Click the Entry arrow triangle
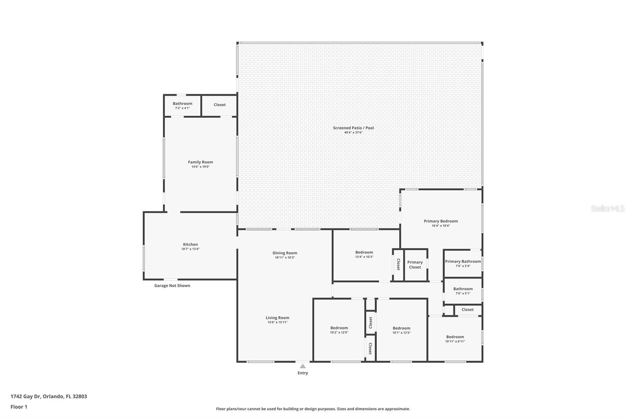pyautogui.click(x=302, y=367)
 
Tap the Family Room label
pyautogui.click(x=200, y=162)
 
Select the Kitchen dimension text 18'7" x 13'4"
pyautogui.click(x=190, y=249)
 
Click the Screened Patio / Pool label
pyautogui.click(x=353, y=128)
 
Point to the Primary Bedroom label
pyautogui.click(x=441, y=221)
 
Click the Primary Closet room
pyautogui.click(x=415, y=265)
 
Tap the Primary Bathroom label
pyautogui.click(x=463, y=261)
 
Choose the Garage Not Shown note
pyautogui.click(x=172, y=286)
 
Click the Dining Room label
pyautogui.click(x=285, y=253)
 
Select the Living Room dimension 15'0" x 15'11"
pyautogui.click(x=277, y=322)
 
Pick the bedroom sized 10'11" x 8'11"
pyautogui.click(x=455, y=339)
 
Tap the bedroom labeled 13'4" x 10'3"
pyautogui.click(x=364, y=254)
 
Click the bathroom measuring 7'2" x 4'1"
pyautogui.click(x=182, y=105)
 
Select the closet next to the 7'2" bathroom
pyautogui.click(x=219, y=105)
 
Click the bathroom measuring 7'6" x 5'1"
pyautogui.click(x=463, y=291)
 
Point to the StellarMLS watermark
pyautogui.click(x=607, y=208)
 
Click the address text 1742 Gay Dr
pyautogui.click(x=49, y=396)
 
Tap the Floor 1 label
pyautogui.click(x=19, y=407)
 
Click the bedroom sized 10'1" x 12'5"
pyautogui.click(x=401, y=330)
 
